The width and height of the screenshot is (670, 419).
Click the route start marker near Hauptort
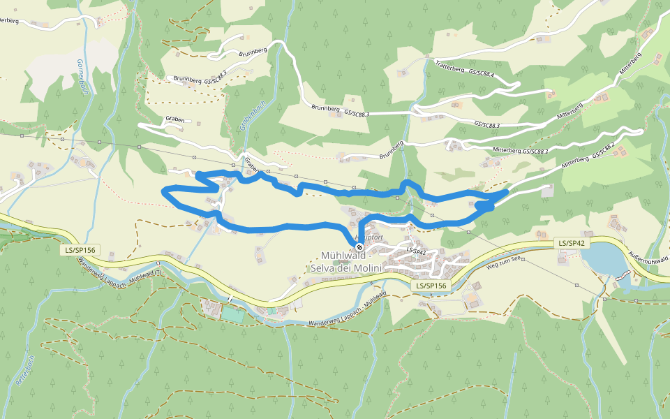tap(359, 247)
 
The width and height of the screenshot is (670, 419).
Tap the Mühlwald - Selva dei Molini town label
tap(352, 262)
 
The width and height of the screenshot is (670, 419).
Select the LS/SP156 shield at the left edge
tap(79, 249)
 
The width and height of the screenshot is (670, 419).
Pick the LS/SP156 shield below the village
tap(431, 286)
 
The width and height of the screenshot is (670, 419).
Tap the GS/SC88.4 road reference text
tap(482, 73)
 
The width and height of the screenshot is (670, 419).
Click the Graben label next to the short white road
tap(175, 119)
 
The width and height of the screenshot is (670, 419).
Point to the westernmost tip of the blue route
tap(163, 190)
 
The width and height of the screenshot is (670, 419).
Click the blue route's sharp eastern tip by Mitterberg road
tap(507, 190)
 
